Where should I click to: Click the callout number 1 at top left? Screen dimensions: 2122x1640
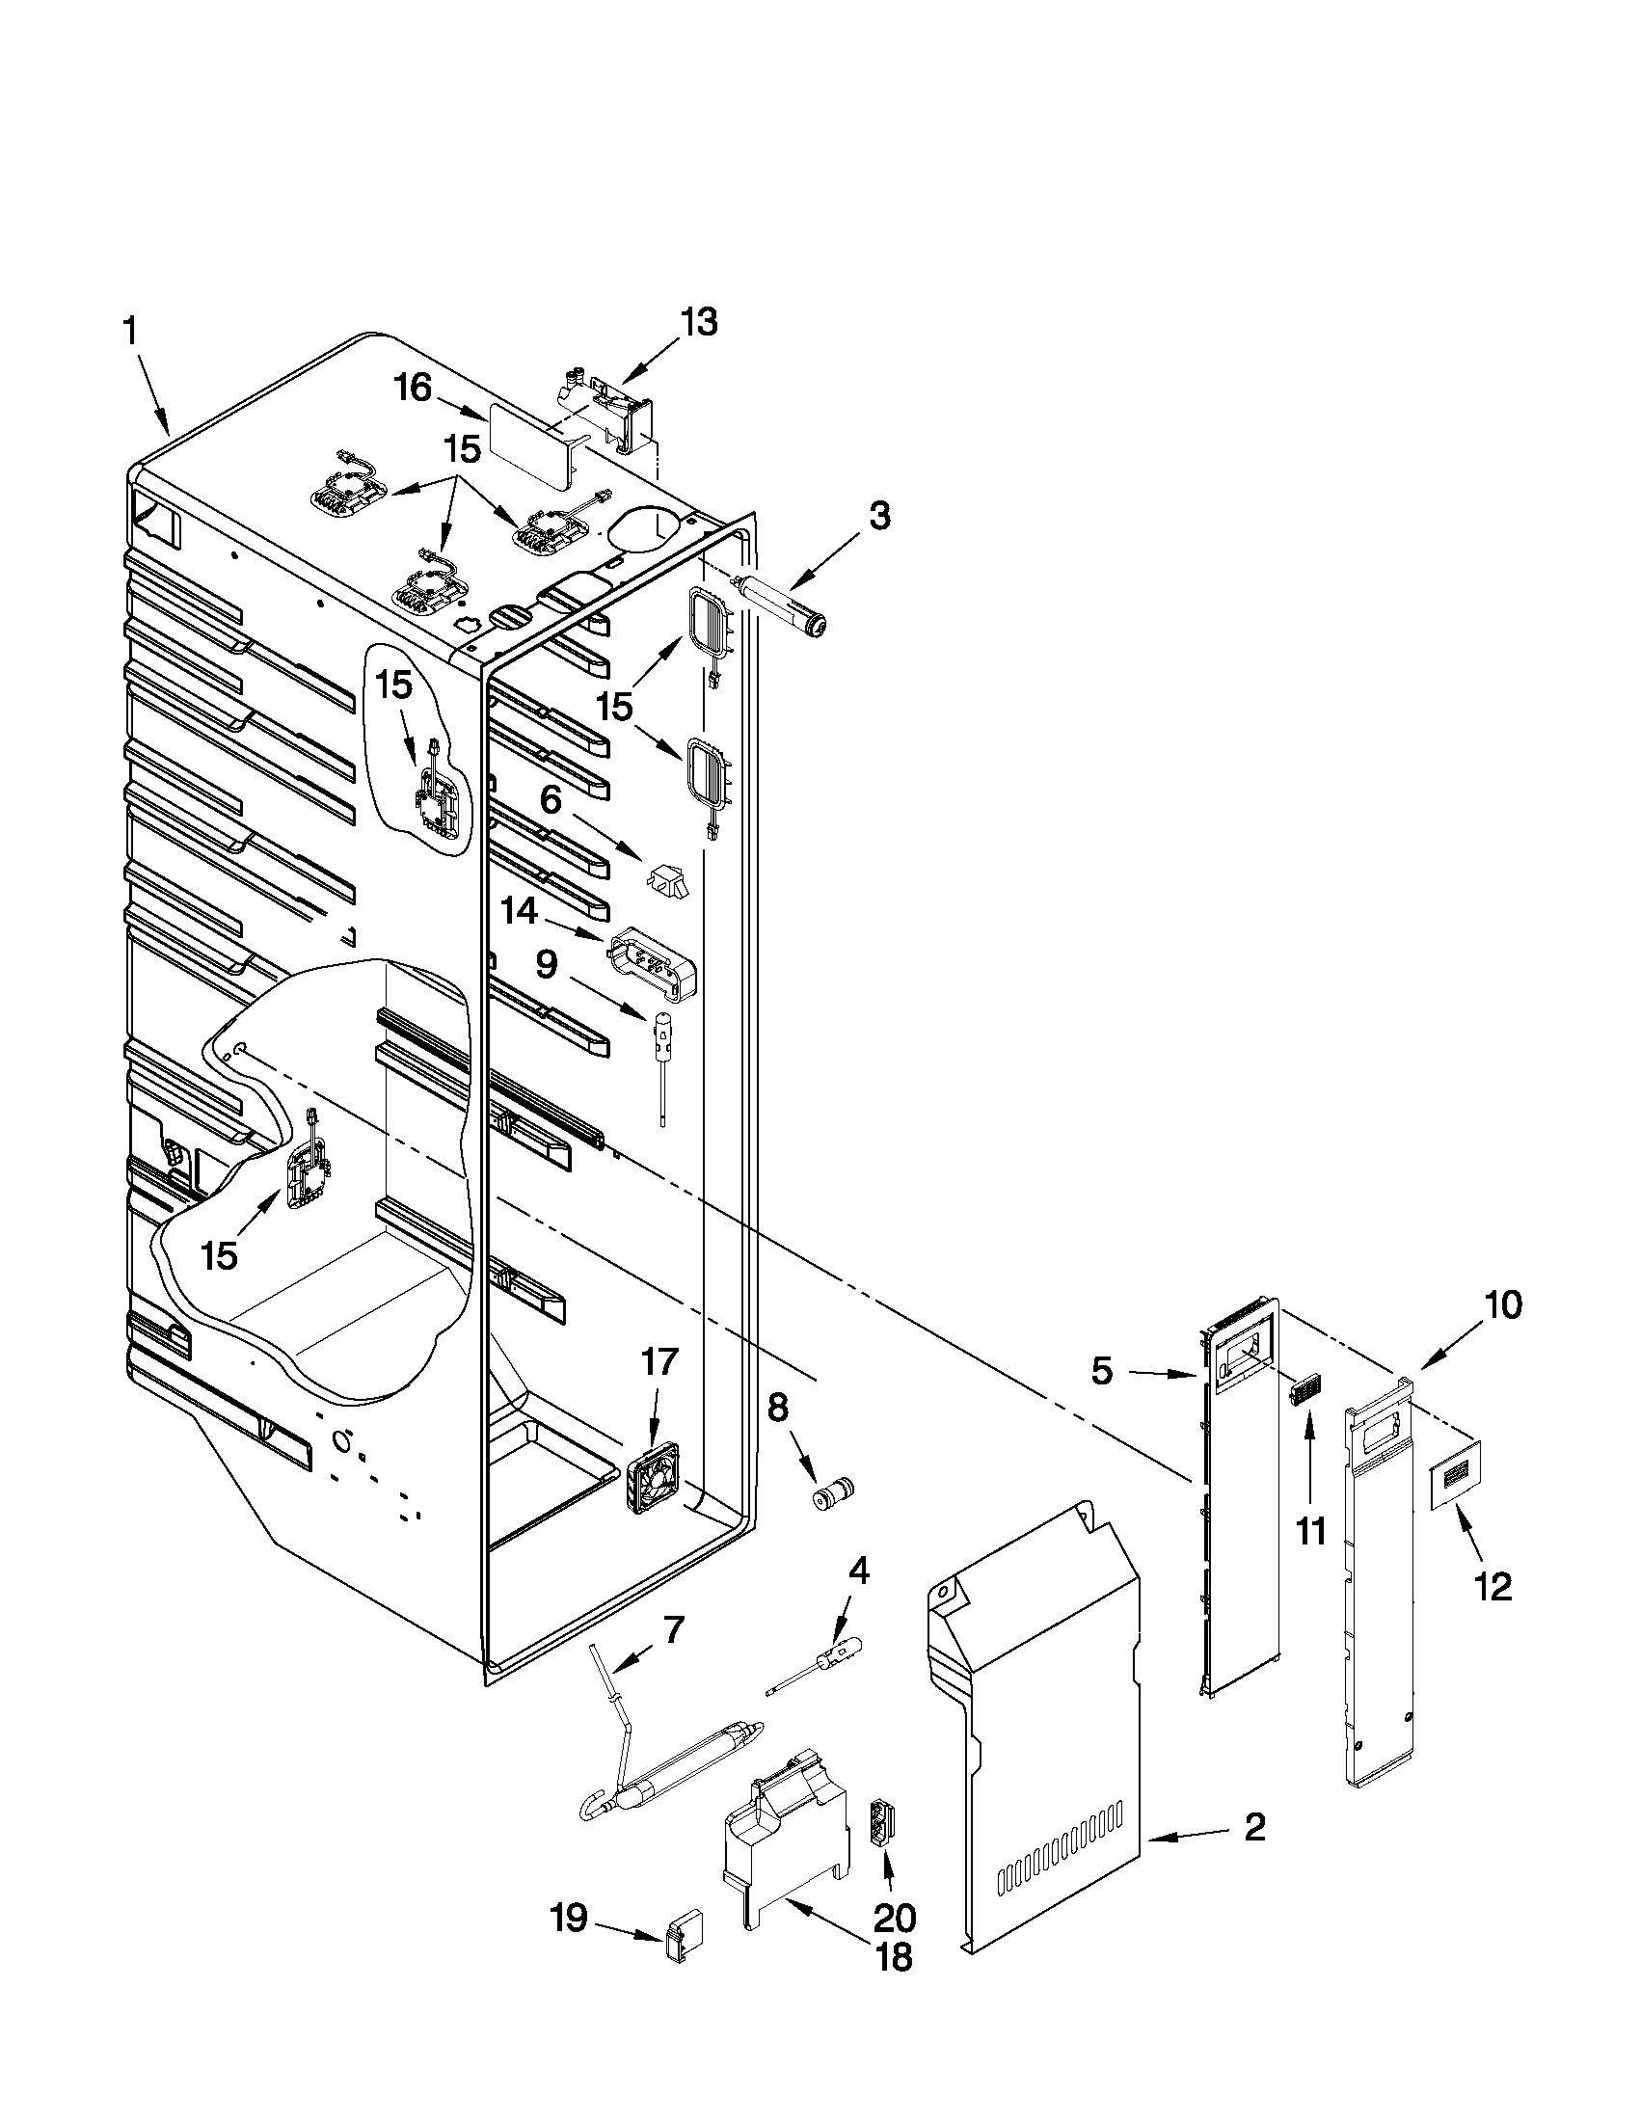tap(129, 334)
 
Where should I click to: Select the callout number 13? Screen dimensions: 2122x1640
tap(698, 322)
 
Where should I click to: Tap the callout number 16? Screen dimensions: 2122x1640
tap(412, 389)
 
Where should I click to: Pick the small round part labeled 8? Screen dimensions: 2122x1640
tap(833, 1494)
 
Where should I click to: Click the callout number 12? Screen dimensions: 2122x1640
tap(1493, 1588)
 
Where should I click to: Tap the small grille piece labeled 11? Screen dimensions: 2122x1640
tap(1301, 1391)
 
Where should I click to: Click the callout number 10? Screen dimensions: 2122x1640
tap(1502, 1306)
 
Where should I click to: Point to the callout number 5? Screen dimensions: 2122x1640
tap(1102, 1371)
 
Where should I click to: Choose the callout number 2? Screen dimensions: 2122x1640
tap(1254, 1829)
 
